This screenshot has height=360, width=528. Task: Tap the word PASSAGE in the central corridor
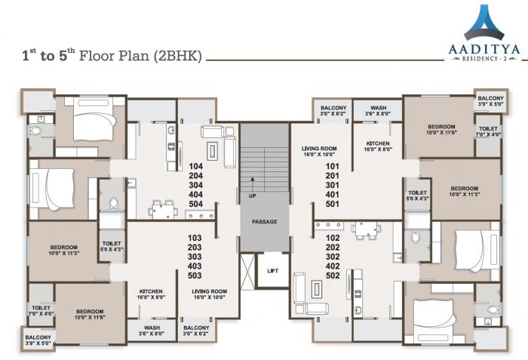tap(264, 222)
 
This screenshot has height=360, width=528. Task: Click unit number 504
tap(196, 204)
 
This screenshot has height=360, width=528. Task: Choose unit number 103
tap(195, 237)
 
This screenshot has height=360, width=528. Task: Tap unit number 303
tap(195, 257)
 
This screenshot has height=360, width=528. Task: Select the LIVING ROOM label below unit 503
tap(210, 291)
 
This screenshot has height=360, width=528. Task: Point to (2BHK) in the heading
tap(177, 55)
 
